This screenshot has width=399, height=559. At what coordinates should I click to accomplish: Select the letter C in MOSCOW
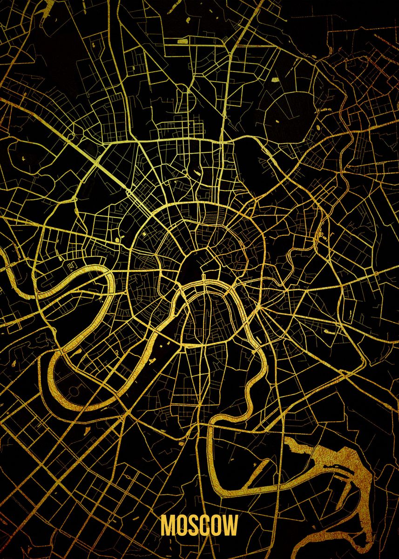tap(206, 525)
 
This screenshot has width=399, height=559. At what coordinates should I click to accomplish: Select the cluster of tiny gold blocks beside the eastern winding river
tap(321, 231)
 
